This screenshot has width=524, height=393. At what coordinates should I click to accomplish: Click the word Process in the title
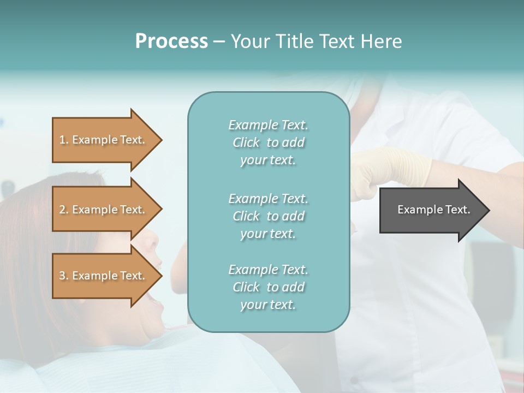171,41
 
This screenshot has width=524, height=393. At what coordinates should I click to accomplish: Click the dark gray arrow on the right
431,210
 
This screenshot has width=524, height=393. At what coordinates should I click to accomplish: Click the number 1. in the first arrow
64,140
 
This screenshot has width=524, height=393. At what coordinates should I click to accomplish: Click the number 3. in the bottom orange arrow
64,276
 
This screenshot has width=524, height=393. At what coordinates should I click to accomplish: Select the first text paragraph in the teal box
268,142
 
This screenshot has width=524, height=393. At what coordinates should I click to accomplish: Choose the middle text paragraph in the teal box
268,216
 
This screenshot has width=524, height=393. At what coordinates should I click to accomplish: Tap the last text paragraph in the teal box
268,287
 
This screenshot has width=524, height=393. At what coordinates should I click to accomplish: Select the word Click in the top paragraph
246,142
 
